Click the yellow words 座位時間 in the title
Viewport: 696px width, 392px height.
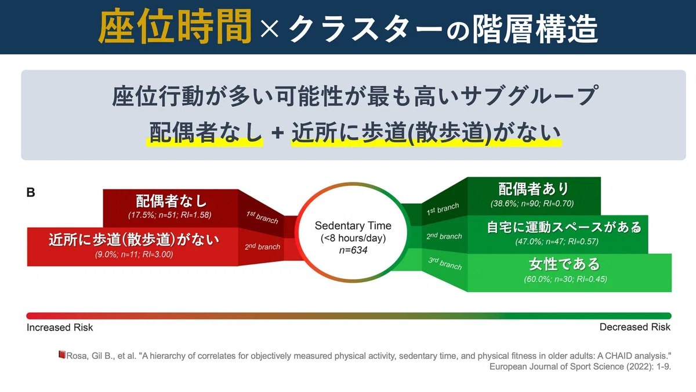175,27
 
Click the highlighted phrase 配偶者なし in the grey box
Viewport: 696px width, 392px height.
205,132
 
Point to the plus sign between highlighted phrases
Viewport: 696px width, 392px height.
277,133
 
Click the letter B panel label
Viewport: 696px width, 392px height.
31,193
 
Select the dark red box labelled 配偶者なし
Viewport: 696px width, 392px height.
171,208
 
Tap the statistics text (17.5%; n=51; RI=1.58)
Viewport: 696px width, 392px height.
169,215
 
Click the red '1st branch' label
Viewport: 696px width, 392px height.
262,217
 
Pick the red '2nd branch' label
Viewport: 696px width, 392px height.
262,246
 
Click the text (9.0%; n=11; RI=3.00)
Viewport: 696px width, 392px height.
134,254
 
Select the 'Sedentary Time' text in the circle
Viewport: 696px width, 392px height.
353,225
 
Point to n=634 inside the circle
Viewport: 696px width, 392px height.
353,250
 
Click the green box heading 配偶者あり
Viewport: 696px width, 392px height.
533,189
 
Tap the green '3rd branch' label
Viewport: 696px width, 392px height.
445,263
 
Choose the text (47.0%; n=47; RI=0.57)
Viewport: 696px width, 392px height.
557,242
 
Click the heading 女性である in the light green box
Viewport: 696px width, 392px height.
564,264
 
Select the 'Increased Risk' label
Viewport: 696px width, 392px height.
60,328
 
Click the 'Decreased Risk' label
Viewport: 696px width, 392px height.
635,328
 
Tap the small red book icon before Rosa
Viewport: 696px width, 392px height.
62,355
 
